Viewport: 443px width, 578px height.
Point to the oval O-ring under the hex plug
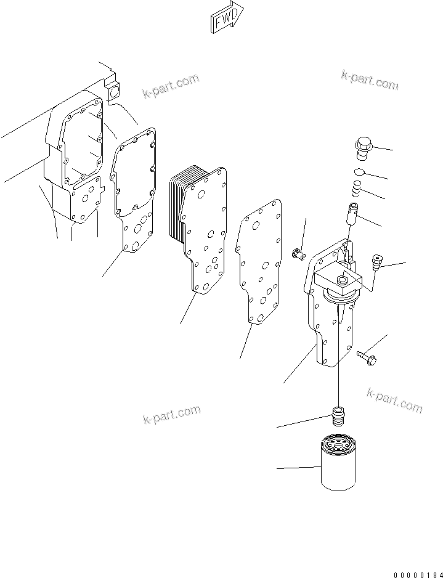(x=362, y=173)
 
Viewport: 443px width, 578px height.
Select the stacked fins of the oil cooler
(x=177, y=203)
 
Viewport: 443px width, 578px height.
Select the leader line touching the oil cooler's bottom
(x=187, y=308)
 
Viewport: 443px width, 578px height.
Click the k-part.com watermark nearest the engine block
(x=171, y=86)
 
